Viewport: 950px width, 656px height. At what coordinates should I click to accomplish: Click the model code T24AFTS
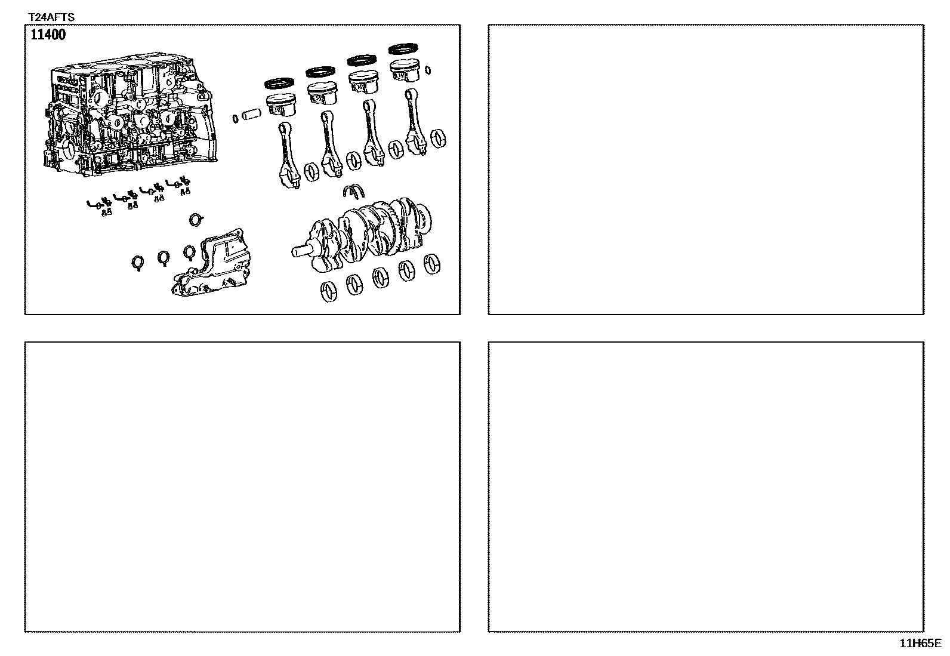click(x=51, y=17)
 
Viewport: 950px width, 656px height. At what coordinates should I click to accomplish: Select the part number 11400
click(x=48, y=35)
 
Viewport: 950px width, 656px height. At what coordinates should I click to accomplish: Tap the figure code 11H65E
click(x=920, y=643)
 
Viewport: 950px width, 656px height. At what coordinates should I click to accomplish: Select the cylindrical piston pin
click(x=251, y=115)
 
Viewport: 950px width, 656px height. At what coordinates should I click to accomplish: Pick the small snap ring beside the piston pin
click(x=235, y=118)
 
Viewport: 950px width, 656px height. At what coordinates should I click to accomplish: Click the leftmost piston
click(x=280, y=105)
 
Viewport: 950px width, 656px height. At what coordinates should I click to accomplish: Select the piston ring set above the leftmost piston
click(x=279, y=83)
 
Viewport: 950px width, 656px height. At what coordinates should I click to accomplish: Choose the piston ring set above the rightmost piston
click(x=403, y=49)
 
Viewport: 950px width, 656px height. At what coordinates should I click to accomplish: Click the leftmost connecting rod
click(x=288, y=155)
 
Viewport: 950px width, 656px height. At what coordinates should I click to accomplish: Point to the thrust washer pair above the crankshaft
click(x=354, y=192)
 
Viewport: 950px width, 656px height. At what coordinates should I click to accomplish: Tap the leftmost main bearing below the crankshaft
click(x=329, y=292)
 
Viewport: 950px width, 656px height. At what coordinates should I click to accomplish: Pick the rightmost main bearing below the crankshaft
click(x=432, y=264)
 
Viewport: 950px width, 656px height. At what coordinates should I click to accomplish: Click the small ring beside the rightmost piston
click(x=428, y=70)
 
